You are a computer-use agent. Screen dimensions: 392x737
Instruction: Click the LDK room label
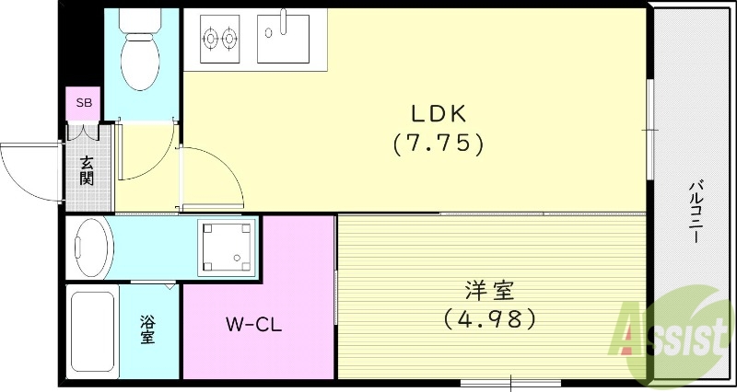point(439,114)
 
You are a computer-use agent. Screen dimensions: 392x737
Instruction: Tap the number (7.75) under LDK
point(439,144)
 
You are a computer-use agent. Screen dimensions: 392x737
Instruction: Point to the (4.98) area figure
point(489,319)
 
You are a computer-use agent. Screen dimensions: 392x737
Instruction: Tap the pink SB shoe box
point(83,103)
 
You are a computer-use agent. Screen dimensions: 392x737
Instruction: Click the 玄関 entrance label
point(87,170)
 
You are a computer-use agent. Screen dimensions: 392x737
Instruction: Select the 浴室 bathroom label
point(147,329)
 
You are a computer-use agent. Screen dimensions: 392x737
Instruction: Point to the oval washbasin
point(90,248)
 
